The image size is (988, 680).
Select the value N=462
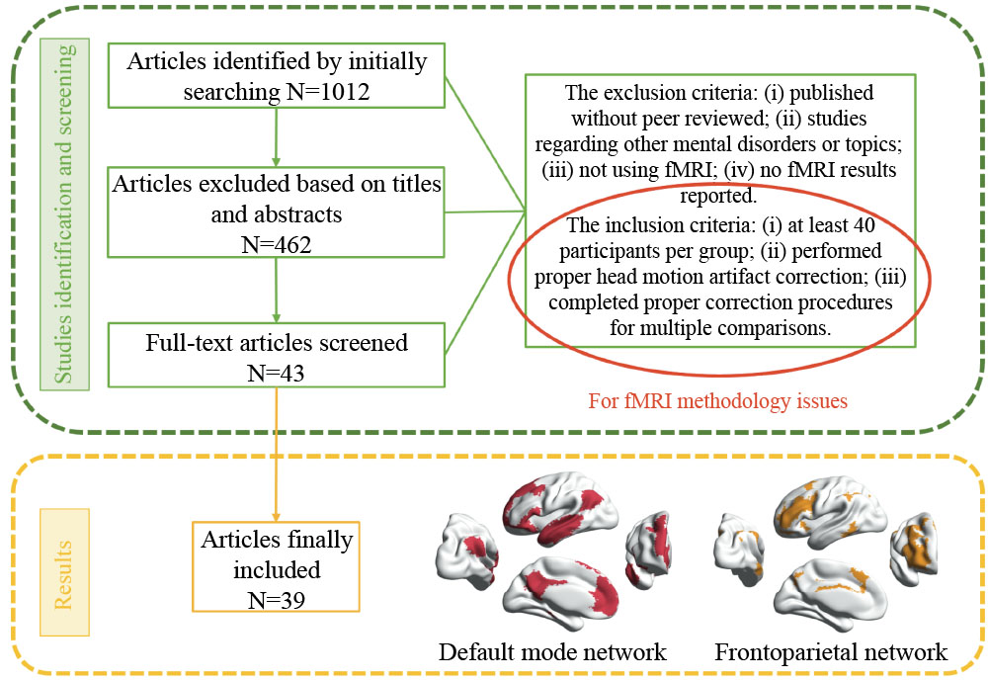pyautogui.click(x=277, y=242)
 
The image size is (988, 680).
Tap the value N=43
pyautogui.click(x=277, y=372)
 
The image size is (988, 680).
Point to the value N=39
pyautogui.click(x=276, y=598)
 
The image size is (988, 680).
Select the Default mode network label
pyautogui.click(x=552, y=652)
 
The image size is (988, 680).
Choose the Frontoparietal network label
pyautogui.click(x=831, y=652)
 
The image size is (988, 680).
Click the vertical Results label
pyautogui.click(x=66, y=572)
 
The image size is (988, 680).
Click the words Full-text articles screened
pyautogui.click(x=277, y=344)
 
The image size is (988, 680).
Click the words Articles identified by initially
pyautogui.click(x=277, y=61)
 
